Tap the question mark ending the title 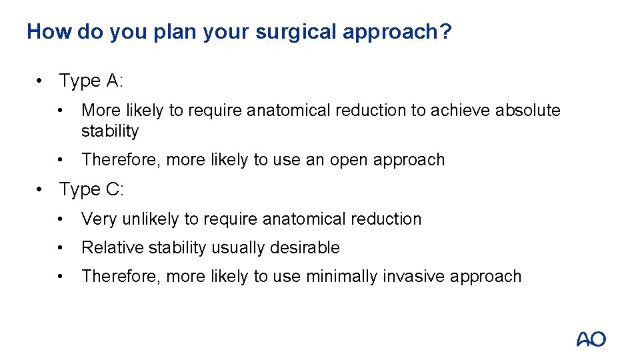pos(445,31)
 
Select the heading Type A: pos(91,81)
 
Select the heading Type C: pos(91,190)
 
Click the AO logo pos(591,339)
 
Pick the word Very pos(98,219)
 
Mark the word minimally pos(341,277)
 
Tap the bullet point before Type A pos(41,82)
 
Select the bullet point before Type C pos(41,191)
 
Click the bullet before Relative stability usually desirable pos(62,249)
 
